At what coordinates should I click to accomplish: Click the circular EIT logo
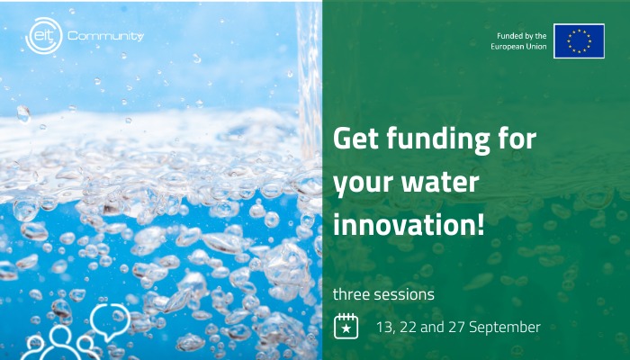44,36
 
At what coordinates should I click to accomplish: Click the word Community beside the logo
105,37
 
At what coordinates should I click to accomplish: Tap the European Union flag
579,41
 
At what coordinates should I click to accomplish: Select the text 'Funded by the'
521,36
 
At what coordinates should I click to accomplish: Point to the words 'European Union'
518,47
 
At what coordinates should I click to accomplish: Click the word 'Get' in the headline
355,139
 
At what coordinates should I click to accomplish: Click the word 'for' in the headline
517,138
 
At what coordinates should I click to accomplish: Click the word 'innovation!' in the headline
409,224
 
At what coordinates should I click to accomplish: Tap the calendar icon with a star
346,326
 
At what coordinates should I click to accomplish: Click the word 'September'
505,328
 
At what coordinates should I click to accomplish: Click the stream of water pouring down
309,80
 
